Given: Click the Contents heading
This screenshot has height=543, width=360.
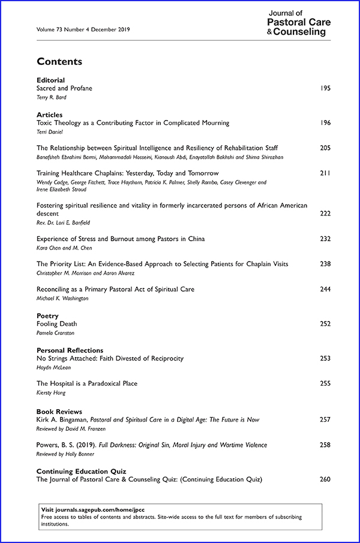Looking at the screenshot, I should click(x=59, y=61).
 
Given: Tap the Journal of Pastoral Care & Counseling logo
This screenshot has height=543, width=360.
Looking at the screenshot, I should click(x=299, y=23).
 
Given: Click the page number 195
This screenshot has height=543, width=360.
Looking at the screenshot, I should click(x=326, y=88).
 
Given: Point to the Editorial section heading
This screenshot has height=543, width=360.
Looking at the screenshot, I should click(x=50, y=80).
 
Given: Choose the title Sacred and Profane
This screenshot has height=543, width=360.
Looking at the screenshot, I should click(x=64, y=88).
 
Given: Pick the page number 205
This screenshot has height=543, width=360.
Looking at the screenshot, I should click(x=326, y=148).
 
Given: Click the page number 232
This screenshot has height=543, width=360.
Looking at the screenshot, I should click(x=326, y=239).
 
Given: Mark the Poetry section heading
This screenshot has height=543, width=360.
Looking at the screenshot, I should click(x=47, y=316).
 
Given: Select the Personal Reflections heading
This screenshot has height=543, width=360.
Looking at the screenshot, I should click(x=70, y=350).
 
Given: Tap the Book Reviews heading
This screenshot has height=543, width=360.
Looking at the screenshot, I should click(x=59, y=412).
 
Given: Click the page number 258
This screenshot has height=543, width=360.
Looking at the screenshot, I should click(x=326, y=445).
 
